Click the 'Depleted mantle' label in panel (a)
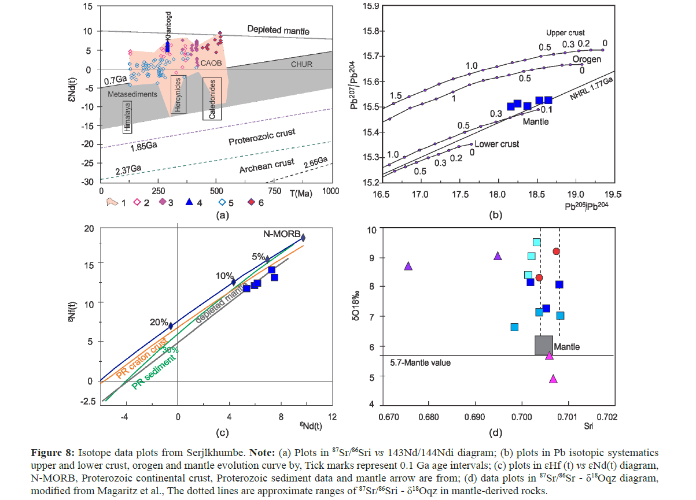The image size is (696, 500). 278,30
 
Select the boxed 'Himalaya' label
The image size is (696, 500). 127,116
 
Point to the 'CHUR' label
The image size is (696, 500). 301,64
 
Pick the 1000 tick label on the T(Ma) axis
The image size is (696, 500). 332,191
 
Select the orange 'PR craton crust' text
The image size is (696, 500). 142,361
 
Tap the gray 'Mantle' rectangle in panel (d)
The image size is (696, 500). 543,345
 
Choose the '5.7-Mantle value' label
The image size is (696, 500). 417,362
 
